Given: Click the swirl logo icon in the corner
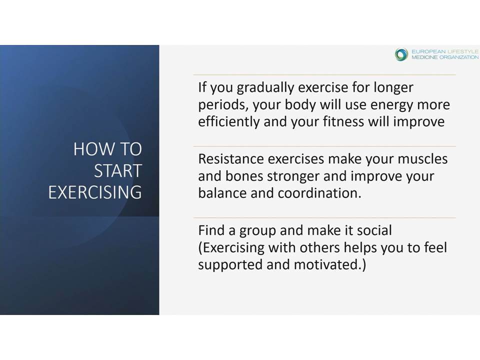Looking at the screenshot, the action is (401, 54).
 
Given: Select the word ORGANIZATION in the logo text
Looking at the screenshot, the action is (459, 57).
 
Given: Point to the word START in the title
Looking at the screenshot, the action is (118, 170).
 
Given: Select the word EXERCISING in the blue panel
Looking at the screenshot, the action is (95, 192).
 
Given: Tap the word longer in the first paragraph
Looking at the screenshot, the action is (393, 88).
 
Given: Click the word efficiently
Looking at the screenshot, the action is (228, 122).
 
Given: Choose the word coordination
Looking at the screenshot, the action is (319, 193).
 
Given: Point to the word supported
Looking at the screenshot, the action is (230, 265).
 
